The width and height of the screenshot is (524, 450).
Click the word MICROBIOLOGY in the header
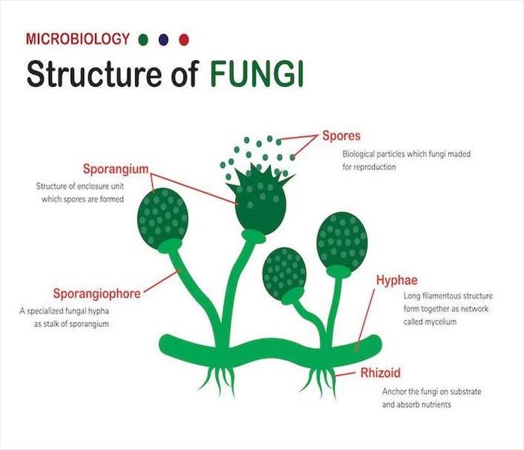[x=77, y=39]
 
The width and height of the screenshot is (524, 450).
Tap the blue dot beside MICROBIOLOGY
[x=163, y=40]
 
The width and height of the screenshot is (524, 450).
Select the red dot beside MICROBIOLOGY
[x=184, y=40]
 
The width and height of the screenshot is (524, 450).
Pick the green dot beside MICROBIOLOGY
[x=142, y=40]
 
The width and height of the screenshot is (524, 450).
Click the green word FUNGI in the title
[x=257, y=74]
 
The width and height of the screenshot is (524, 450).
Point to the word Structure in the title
[x=96, y=74]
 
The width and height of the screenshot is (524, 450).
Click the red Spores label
[x=341, y=136]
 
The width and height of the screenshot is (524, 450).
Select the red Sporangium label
[x=115, y=169]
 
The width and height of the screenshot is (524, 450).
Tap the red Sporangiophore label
[x=97, y=293]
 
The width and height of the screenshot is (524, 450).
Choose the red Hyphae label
[x=397, y=280]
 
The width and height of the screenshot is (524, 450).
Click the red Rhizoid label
[x=380, y=373]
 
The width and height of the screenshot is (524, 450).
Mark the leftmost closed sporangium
[x=163, y=218]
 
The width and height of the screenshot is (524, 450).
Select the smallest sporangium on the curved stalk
[x=284, y=274]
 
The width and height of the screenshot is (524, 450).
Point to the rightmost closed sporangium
[x=342, y=242]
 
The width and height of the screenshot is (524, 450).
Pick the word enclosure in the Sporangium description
[x=91, y=186]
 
